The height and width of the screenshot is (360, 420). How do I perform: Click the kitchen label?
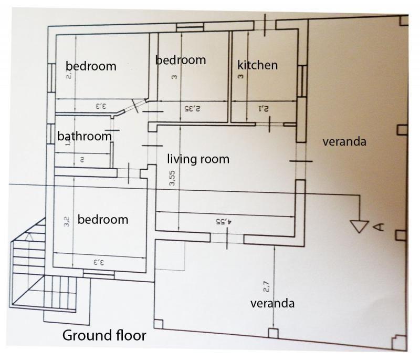[257, 65]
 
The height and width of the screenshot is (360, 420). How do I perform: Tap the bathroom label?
[85, 136]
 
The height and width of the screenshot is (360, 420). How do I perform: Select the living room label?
[198, 159]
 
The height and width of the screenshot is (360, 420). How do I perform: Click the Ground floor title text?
[104, 335]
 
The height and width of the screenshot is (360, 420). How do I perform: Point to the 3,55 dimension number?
[172, 178]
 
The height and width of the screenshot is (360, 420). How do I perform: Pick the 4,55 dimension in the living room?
[224, 221]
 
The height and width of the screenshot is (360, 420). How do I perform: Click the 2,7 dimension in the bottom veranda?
[266, 286]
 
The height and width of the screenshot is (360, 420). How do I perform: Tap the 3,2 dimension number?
[67, 222]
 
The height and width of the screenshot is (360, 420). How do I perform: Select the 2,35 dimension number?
[192, 109]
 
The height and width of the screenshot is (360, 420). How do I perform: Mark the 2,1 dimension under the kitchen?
[264, 109]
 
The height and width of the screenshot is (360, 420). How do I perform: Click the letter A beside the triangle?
[379, 227]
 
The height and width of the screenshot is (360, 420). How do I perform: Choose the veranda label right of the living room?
[344, 141]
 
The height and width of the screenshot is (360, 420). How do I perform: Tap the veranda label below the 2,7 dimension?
[272, 303]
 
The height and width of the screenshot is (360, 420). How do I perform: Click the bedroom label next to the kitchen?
[181, 60]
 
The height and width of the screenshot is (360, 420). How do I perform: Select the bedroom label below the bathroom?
[103, 220]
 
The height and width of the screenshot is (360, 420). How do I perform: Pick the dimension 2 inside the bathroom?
[82, 160]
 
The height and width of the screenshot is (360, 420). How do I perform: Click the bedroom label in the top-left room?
[91, 66]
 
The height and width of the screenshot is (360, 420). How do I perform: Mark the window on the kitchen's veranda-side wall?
[302, 81]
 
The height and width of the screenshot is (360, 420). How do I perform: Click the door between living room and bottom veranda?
[227, 238]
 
